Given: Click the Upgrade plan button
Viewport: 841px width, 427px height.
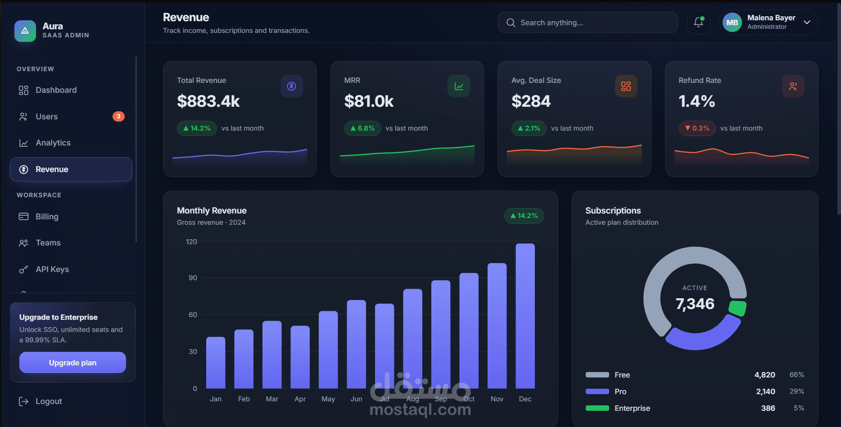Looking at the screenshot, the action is coord(72,363).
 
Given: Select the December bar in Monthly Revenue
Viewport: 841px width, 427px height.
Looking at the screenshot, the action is coord(525,316).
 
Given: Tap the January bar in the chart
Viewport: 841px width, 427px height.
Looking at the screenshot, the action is coord(216,363).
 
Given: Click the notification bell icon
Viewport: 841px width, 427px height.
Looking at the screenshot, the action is coord(698,23).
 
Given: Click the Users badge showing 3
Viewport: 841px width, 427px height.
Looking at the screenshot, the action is coord(118,116).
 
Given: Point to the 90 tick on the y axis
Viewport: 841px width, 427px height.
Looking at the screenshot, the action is coord(193,278).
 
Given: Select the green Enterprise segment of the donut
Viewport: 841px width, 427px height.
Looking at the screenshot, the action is coord(737,309).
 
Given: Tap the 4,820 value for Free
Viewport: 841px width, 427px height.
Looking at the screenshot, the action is coord(764,375).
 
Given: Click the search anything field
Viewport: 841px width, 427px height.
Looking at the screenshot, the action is coord(588,23).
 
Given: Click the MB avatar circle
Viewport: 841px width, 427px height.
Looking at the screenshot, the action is coord(732,23).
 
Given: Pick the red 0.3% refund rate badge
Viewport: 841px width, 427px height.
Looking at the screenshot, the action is coord(697,128).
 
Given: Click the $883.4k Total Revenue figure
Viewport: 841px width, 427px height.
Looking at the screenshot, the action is coord(208,101).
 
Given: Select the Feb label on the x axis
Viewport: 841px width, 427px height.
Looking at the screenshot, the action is coord(244,399).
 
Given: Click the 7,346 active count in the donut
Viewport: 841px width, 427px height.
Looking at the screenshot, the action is coord(695,304).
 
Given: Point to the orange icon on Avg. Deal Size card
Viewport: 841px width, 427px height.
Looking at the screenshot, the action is coord(626,86).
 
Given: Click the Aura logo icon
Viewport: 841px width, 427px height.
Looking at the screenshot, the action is coord(25,31).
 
